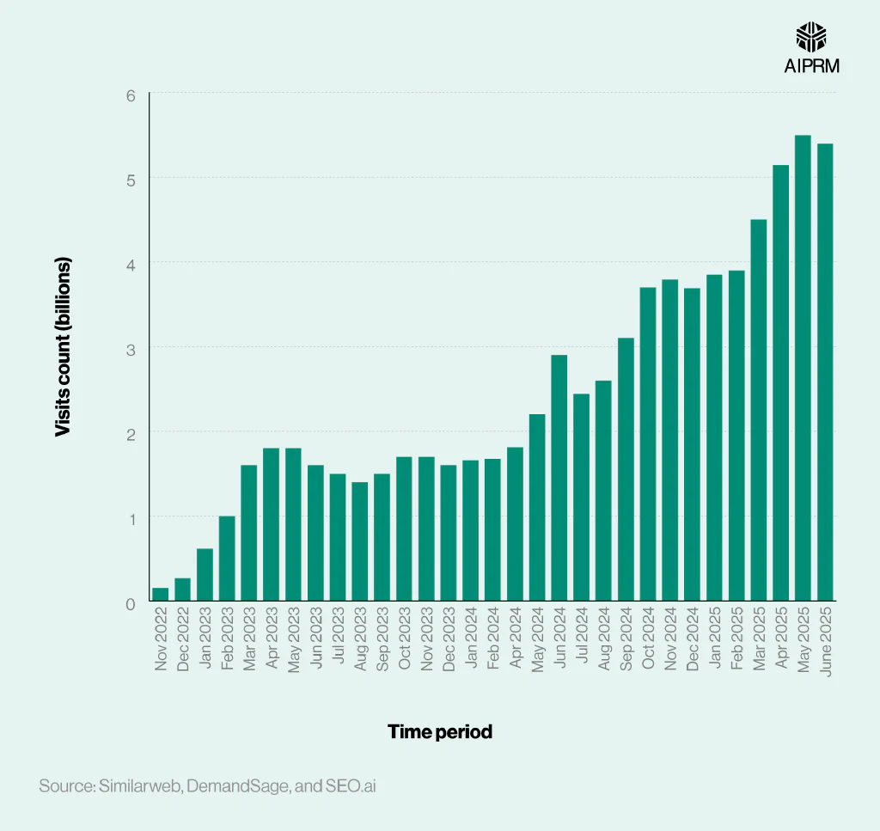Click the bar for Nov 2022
(x=160, y=594)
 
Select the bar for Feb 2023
(x=227, y=559)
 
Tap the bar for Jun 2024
(x=559, y=478)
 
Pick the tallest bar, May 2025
(x=803, y=368)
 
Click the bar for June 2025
(x=825, y=372)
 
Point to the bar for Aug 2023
(x=359, y=541)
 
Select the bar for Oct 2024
(x=647, y=444)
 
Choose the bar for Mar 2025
(x=758, y=410)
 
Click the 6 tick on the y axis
(x=131, y=95)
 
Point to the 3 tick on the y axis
(x=131, y=349)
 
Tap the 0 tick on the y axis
(x=131, y=603)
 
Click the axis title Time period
(x=440, y=732)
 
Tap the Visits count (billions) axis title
(x=62, y=346)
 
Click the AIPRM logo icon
(x=811, y=37)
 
